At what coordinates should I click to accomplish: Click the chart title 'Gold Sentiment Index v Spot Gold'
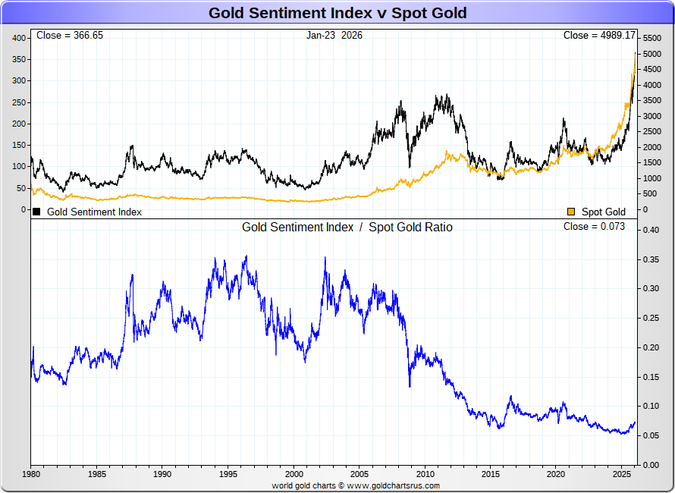coord(337,13)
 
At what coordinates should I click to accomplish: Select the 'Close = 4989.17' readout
coord(599,36)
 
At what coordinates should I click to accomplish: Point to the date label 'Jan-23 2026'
coord(334,36)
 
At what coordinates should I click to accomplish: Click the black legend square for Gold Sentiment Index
coord(36,212)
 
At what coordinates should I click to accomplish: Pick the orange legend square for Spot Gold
coord(571,212)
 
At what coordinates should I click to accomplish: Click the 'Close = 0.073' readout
coord(594,227)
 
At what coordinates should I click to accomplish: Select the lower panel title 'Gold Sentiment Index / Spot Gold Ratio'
coord(347,227)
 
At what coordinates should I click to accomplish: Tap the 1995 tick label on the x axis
coord(228,474)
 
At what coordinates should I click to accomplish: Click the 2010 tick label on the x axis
coord(425,474)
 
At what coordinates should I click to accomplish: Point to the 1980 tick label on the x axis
coord(31,474)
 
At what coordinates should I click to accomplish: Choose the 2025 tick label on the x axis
coord(622,474)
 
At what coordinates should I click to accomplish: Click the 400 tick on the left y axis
coord(19,38)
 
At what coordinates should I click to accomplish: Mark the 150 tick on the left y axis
coord(19,145)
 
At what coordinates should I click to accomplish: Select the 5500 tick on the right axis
coord(652,38)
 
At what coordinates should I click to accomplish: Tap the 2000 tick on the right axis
coord(652,147)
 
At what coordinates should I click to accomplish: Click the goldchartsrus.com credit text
coord(356,485)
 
